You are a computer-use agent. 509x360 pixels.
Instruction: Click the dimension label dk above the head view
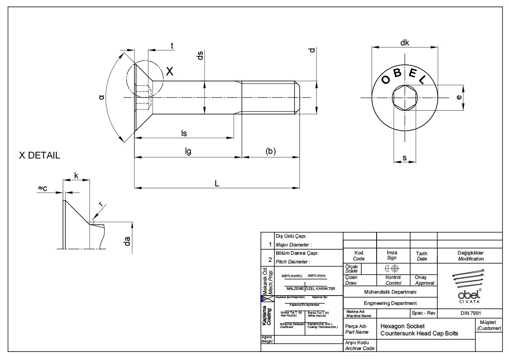tap(404, 43)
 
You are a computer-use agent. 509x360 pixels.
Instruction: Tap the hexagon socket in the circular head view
tap(404, 98)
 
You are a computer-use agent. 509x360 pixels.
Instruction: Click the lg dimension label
tap(187, 151)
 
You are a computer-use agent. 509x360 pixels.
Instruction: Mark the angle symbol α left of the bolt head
tap(101, 98)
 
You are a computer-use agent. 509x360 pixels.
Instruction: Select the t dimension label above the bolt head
tap(172, 45)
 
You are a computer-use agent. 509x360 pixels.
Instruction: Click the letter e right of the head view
tap(459, 97)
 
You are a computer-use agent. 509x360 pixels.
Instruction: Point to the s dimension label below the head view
tap(404, 158)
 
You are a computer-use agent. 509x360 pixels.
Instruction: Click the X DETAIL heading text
tap(40, 156)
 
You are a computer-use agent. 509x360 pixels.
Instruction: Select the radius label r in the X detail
tap(100, 204)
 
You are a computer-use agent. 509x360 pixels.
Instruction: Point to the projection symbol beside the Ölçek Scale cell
tap(391, 268)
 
